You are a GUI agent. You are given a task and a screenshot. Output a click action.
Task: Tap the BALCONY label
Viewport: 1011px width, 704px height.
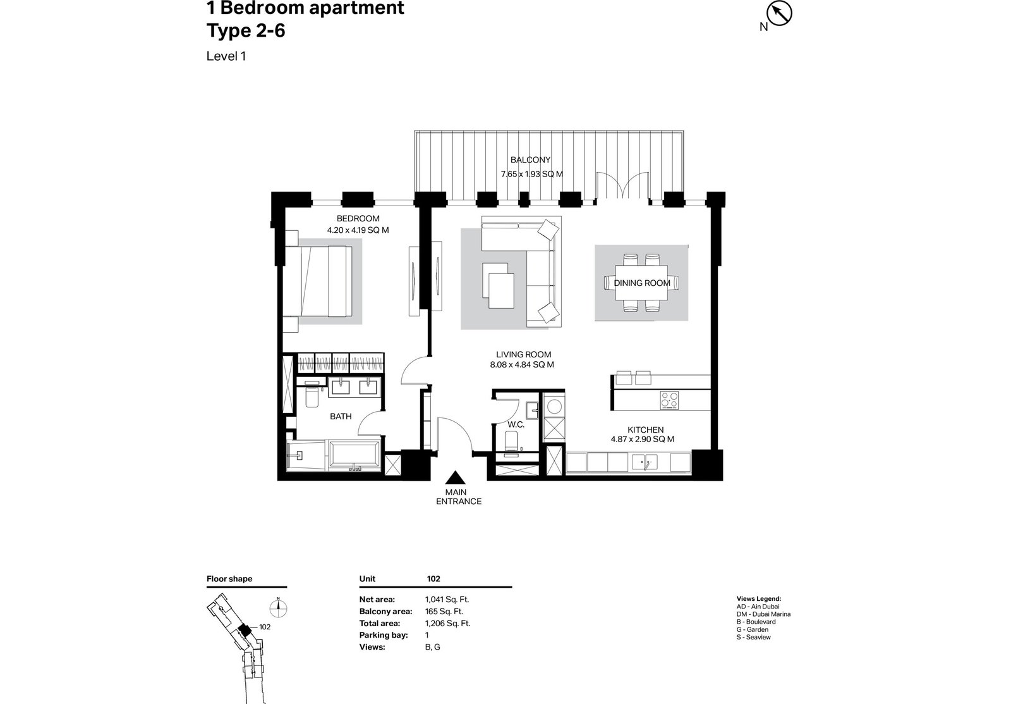(530, 160)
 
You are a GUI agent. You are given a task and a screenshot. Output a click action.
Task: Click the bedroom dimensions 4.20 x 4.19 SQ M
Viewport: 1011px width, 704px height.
(358, 230)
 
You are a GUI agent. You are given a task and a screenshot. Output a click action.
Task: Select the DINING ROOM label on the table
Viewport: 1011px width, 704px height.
(642, 283)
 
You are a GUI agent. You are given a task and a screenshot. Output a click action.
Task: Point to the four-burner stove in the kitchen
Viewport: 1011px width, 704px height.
(669, 400)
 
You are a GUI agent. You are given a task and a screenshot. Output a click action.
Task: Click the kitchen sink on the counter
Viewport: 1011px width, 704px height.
(645, 462)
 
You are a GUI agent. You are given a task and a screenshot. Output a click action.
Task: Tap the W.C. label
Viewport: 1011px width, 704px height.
(516, 425)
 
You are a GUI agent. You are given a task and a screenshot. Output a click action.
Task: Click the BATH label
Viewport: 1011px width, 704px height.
(341, 417)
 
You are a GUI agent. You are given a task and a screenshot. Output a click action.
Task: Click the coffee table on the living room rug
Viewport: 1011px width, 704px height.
(499, 286)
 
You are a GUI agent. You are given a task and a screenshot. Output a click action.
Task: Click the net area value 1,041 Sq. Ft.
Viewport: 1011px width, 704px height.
(447, 600)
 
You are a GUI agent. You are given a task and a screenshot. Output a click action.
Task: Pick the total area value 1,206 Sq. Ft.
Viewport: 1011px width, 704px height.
(448, 624)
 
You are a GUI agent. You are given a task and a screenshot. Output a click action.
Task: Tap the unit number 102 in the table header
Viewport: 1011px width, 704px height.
(433, 579)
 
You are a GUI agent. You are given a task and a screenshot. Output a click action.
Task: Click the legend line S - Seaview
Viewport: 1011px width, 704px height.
(754, 637)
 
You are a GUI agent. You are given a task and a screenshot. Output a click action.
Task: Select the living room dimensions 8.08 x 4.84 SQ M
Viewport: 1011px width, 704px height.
(522, 365)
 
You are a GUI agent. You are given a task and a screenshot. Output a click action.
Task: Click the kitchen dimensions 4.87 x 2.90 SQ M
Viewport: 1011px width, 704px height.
(642, 439)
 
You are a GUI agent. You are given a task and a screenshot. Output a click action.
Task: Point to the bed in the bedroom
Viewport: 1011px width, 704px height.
(318, 281)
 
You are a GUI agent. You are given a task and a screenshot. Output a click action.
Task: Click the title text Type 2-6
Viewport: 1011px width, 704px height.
(246, 31)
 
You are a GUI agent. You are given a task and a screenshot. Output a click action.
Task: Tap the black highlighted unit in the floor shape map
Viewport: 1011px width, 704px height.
(245, 630)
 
